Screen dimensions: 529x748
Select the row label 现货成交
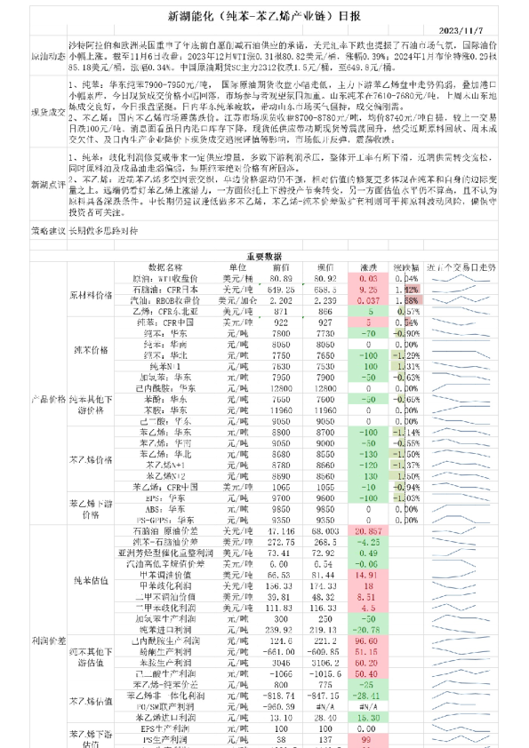click(46, 114)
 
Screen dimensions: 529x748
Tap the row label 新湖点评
click(46, 184)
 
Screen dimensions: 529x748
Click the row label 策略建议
click(46, 230)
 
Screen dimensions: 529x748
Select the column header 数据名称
click(165, 267)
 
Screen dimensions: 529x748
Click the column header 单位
click(236, 267)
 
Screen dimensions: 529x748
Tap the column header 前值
click(282, 267)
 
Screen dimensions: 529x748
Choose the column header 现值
click(325, 267)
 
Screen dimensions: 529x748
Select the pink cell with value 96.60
click(367, 640)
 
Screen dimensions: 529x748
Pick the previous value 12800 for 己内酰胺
click(282, 388)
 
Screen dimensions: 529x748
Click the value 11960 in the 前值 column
click(282, 410)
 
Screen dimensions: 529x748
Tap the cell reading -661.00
click(282, 650)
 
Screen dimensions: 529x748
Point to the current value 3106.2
click(325, 662)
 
